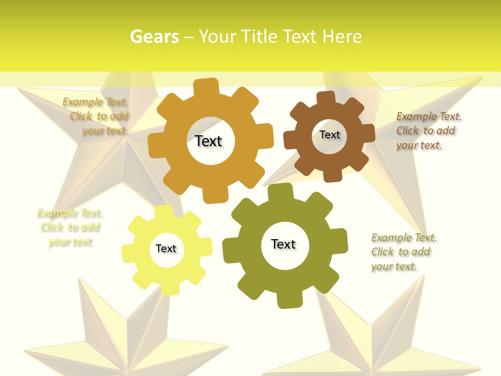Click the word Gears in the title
154,37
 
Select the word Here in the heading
342,37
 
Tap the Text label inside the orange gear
208,141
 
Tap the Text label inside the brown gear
329,135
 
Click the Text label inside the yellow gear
165,249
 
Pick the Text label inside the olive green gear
283,244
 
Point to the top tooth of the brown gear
326,98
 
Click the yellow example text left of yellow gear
70,228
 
